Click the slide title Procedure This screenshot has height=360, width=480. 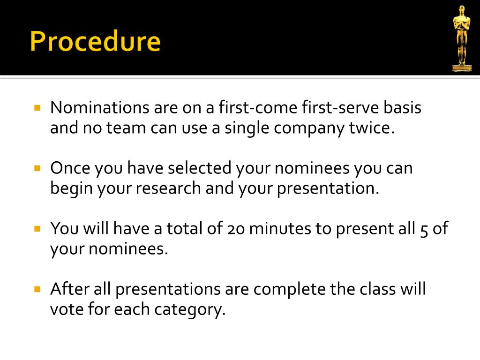point(95,41)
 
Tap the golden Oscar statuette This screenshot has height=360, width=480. point(462,38)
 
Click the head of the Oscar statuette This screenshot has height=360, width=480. point(462,10)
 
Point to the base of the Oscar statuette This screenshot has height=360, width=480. point(462,67)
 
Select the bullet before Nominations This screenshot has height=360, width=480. point(37,107)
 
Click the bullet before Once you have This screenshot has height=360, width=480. point(37,168)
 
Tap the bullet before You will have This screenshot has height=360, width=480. point(37,228)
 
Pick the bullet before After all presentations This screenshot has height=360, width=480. point(37,289)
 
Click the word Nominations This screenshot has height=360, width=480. point(100,107)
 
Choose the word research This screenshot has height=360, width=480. point(168,188)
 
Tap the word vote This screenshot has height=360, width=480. point(67,309)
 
